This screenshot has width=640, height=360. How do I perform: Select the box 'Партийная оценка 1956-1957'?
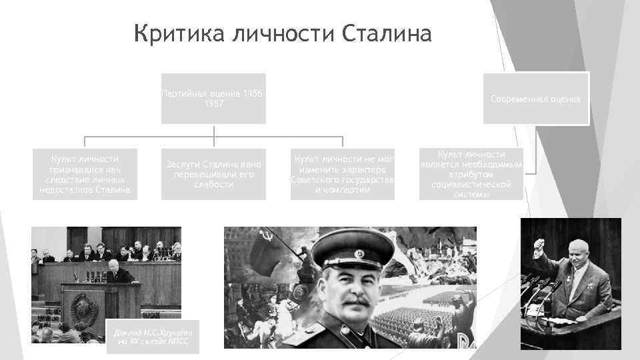213,99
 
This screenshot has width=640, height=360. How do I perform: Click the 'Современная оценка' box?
535,99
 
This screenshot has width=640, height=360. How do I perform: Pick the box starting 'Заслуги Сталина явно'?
213,174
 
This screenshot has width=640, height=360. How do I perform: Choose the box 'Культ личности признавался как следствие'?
85,174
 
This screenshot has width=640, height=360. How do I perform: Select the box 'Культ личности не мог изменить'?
342,174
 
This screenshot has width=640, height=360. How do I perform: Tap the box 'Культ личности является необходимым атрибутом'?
471,174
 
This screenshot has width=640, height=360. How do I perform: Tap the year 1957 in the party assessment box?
213,104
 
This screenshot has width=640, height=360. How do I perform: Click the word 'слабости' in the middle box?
213,185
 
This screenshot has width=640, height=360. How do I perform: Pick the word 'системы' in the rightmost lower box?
471,195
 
